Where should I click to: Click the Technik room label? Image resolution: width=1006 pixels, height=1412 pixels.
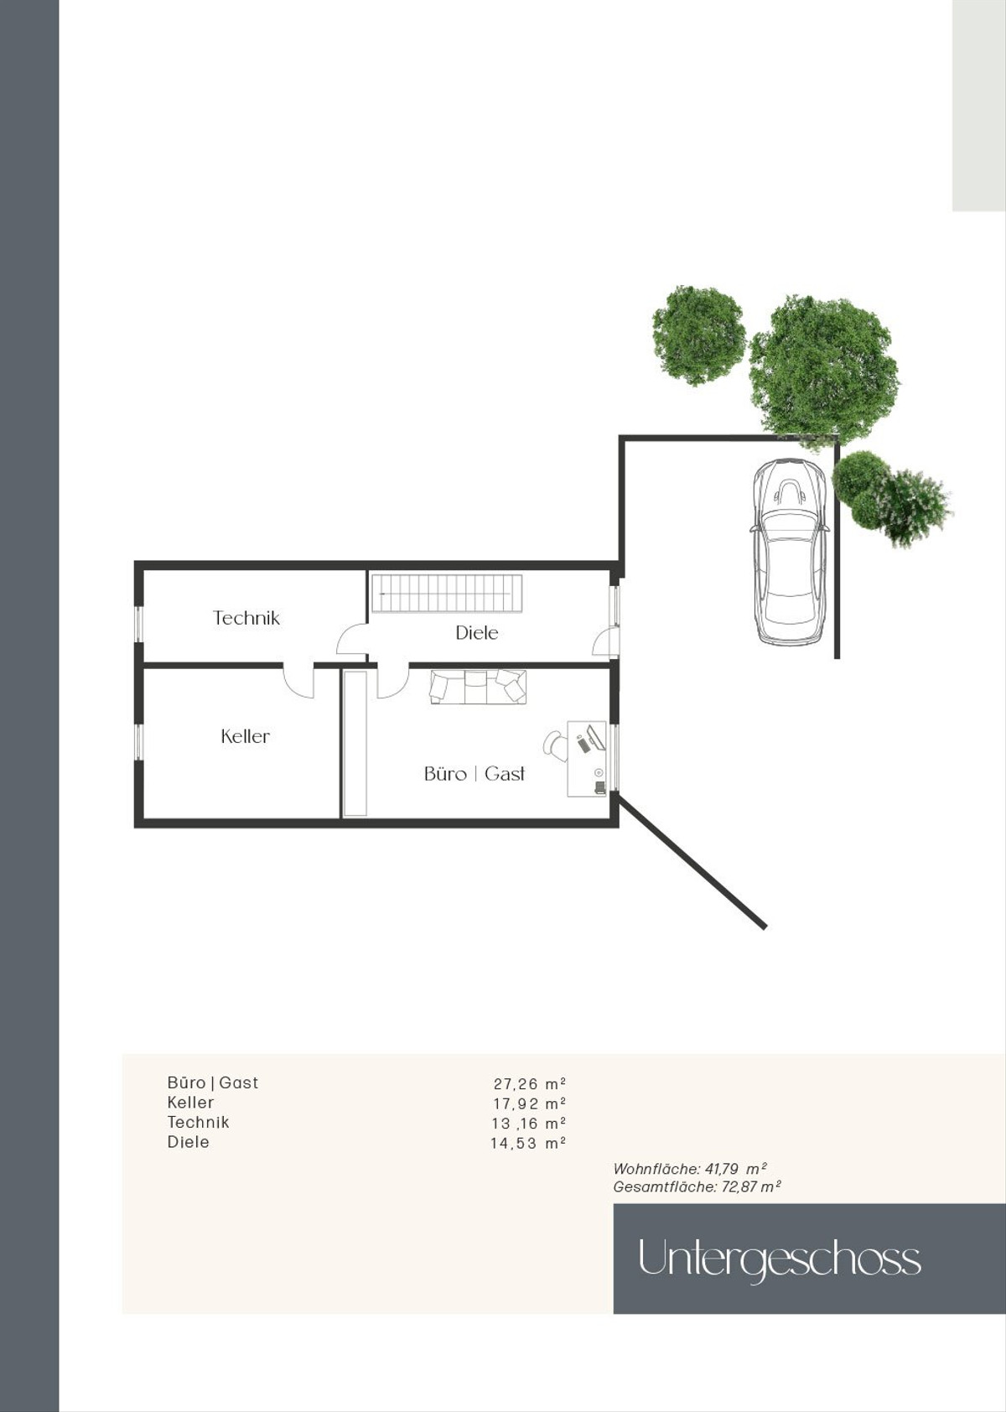coord(246,618)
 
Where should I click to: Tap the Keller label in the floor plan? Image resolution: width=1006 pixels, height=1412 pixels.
coord(245,736)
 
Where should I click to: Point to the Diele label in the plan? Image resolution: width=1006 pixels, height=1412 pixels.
coord(476,633)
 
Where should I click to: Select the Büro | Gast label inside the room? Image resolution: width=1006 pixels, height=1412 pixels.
coord(474,773)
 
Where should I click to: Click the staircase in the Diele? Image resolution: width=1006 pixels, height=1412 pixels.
coord(446,593)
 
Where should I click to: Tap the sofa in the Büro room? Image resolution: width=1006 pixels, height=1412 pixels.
coord(478,687)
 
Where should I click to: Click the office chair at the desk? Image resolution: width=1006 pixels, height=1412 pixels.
coord(555,743)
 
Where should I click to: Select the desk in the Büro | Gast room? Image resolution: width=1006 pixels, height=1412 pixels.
coord(586,759)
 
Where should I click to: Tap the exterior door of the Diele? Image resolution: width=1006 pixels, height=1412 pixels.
coord(606,643)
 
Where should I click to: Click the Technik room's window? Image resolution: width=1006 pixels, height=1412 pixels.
coord(139,624)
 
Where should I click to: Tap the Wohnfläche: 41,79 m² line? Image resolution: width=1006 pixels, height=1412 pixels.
coord(690,1169)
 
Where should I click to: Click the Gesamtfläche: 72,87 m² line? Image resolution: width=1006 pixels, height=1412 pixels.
coord(697,1187)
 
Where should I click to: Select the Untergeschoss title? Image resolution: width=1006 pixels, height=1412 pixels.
coord(780,1259)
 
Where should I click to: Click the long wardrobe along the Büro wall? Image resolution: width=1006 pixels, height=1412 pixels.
coord(355,744)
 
